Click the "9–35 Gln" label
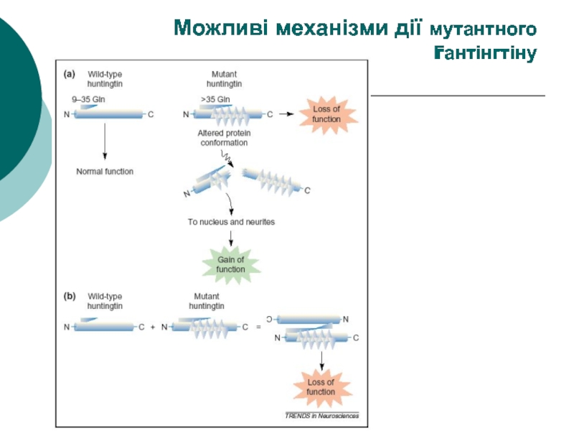88,100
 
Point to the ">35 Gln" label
216,100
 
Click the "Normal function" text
105,172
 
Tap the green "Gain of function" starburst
231,264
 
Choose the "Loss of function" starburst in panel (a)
326,113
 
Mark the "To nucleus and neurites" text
231,222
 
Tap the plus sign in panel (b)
152,327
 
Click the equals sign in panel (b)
258,327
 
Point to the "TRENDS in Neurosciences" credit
321,415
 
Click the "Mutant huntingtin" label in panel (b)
207,300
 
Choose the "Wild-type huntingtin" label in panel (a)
105,78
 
